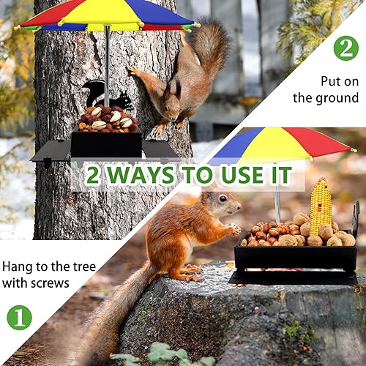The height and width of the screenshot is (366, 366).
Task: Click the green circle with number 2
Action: [346, 48]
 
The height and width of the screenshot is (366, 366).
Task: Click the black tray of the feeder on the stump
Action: [293, 258]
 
